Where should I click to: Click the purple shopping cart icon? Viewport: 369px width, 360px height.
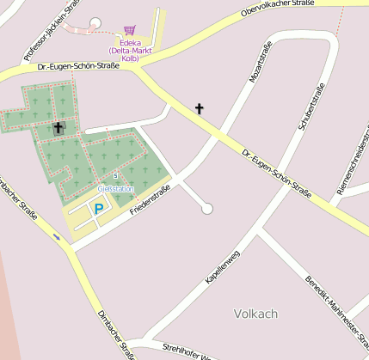[x=130, y=30]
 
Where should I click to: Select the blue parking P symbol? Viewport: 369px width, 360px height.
[x=98, y=208]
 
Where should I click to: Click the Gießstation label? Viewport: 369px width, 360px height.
[x=116, y=188]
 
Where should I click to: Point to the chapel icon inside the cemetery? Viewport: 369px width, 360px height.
[x=58, y=128]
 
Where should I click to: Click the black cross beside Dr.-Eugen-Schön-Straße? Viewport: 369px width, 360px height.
[x=200, y=108]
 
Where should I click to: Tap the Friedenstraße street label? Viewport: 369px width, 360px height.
[x=151, y=199]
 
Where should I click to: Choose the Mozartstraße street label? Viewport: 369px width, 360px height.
[x=261, y=64]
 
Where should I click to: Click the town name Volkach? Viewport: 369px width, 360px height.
[x=255, y=314]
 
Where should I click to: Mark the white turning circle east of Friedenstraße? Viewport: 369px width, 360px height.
[x=206, y=208]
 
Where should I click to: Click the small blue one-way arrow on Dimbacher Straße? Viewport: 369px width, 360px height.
[x=57, y=238]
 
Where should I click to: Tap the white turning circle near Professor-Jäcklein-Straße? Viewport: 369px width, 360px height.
[x=95, y=22]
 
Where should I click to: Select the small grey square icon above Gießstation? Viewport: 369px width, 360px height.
[x=115, y=176]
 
